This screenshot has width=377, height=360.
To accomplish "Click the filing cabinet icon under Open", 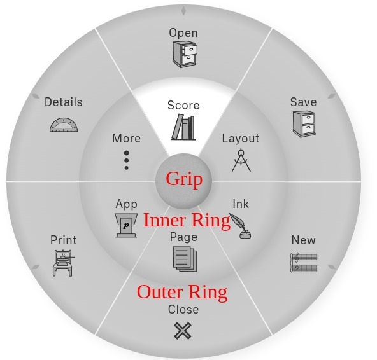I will (x=184, y=54).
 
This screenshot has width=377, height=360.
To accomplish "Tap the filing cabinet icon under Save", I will (x=304, y=123).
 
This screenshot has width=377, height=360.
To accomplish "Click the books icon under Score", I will (x=183, y=127).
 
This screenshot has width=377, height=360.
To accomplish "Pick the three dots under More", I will (x=126, y=160).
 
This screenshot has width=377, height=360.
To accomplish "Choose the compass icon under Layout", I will (x=241, y=160).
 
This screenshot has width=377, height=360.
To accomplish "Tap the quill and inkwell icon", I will (x=240, y=226).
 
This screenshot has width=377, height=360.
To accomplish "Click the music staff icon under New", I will (x=304, y=262).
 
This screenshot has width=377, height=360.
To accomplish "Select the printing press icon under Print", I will (x=63, y=262).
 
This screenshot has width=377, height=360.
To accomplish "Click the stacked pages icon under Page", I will (x=184, y=259).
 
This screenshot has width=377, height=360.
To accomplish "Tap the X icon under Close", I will (x=183, y=331).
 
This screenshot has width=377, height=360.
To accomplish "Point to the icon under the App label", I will (x=126, y=225).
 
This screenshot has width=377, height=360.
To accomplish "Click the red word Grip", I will (x=184, y=179).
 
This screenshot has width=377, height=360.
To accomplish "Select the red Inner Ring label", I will (x=187, y=220).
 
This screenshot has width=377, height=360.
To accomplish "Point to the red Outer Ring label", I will (x=182, y=292).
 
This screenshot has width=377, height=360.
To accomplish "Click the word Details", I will (x=63, y=102).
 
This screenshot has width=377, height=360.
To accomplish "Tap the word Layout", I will (x=241, y=138).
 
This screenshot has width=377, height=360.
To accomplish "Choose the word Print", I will (x=63, y=240).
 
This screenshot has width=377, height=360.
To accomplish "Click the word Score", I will (x=183, y=105).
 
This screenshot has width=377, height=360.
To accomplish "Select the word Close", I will (x=183, y=309).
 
